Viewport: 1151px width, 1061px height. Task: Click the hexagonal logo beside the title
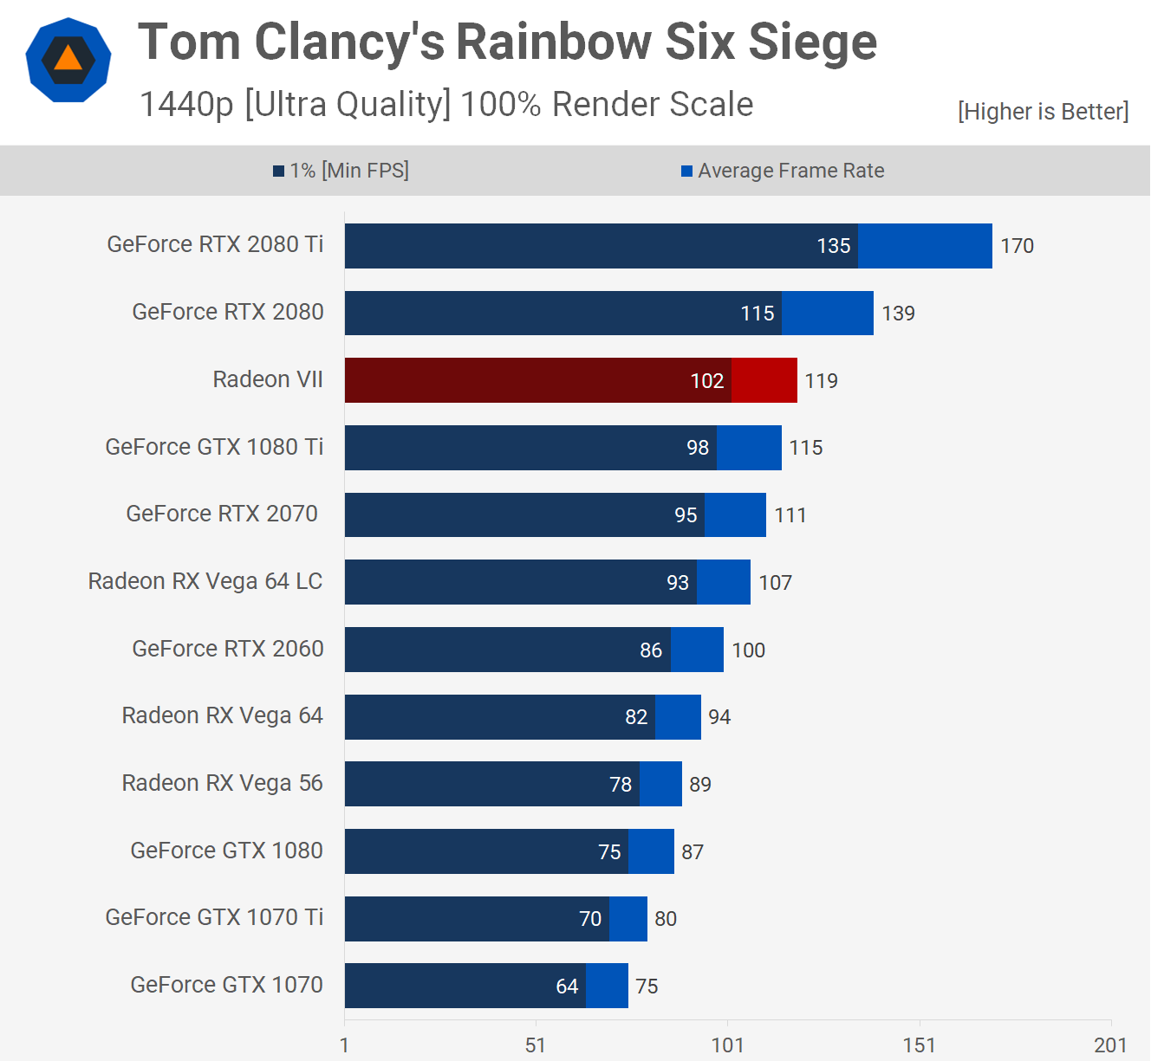click(x=68, y=60)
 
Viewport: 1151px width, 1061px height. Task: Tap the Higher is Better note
click(x=1043, y=112)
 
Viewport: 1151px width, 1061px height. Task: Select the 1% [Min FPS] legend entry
click(x=341, y=171)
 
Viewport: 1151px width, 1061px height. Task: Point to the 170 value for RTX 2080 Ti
click(x=1017, y=246)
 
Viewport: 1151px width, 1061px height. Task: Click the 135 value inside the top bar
click(x=834, y=246)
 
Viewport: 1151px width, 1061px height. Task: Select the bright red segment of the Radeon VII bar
click(x=764, y=380)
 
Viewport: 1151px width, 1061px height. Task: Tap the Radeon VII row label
click(x=268, y=379)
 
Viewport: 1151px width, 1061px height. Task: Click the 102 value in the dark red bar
click(x=706, y=381)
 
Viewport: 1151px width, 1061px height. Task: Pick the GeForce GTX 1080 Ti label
click(x=214, y=447)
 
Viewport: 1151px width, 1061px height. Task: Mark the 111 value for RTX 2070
click(x=790, y=515)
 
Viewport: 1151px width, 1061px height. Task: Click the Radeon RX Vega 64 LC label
click(x=205, y=581)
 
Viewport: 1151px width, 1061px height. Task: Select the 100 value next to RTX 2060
click(x=748, y=650)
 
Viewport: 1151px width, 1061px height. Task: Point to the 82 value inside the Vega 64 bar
click(x=636, y=717)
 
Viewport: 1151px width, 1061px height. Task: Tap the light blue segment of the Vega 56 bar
click(x=660, y=784)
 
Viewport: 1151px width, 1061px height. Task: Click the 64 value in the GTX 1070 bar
click(x=567, y=987)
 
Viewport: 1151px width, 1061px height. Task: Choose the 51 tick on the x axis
click(x=536, y=1045)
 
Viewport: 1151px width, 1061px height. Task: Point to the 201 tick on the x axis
click(x=1110, y=1045)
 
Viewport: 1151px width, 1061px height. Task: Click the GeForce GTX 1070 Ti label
click(x=214, y=917)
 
